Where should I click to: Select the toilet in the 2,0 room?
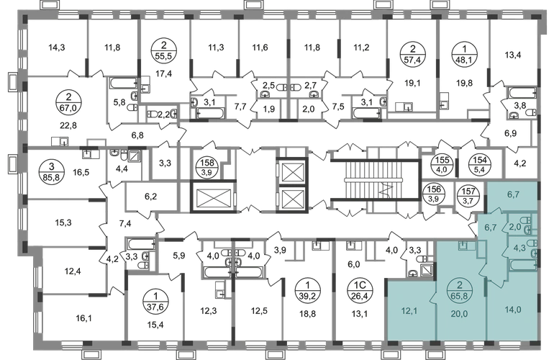530,230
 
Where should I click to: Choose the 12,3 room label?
208,312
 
